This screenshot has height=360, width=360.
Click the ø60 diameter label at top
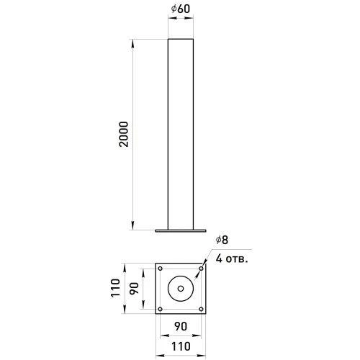181,9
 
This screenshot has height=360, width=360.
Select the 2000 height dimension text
124,134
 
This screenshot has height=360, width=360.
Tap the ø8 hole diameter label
222,240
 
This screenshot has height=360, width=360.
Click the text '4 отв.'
231,259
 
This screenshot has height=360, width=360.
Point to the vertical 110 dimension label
115,288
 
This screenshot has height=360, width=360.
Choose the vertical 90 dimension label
134,289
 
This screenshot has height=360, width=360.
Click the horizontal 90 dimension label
181,326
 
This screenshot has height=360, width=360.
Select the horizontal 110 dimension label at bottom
181,346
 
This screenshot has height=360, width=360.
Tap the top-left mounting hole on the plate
161,269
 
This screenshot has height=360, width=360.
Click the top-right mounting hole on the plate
201,269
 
